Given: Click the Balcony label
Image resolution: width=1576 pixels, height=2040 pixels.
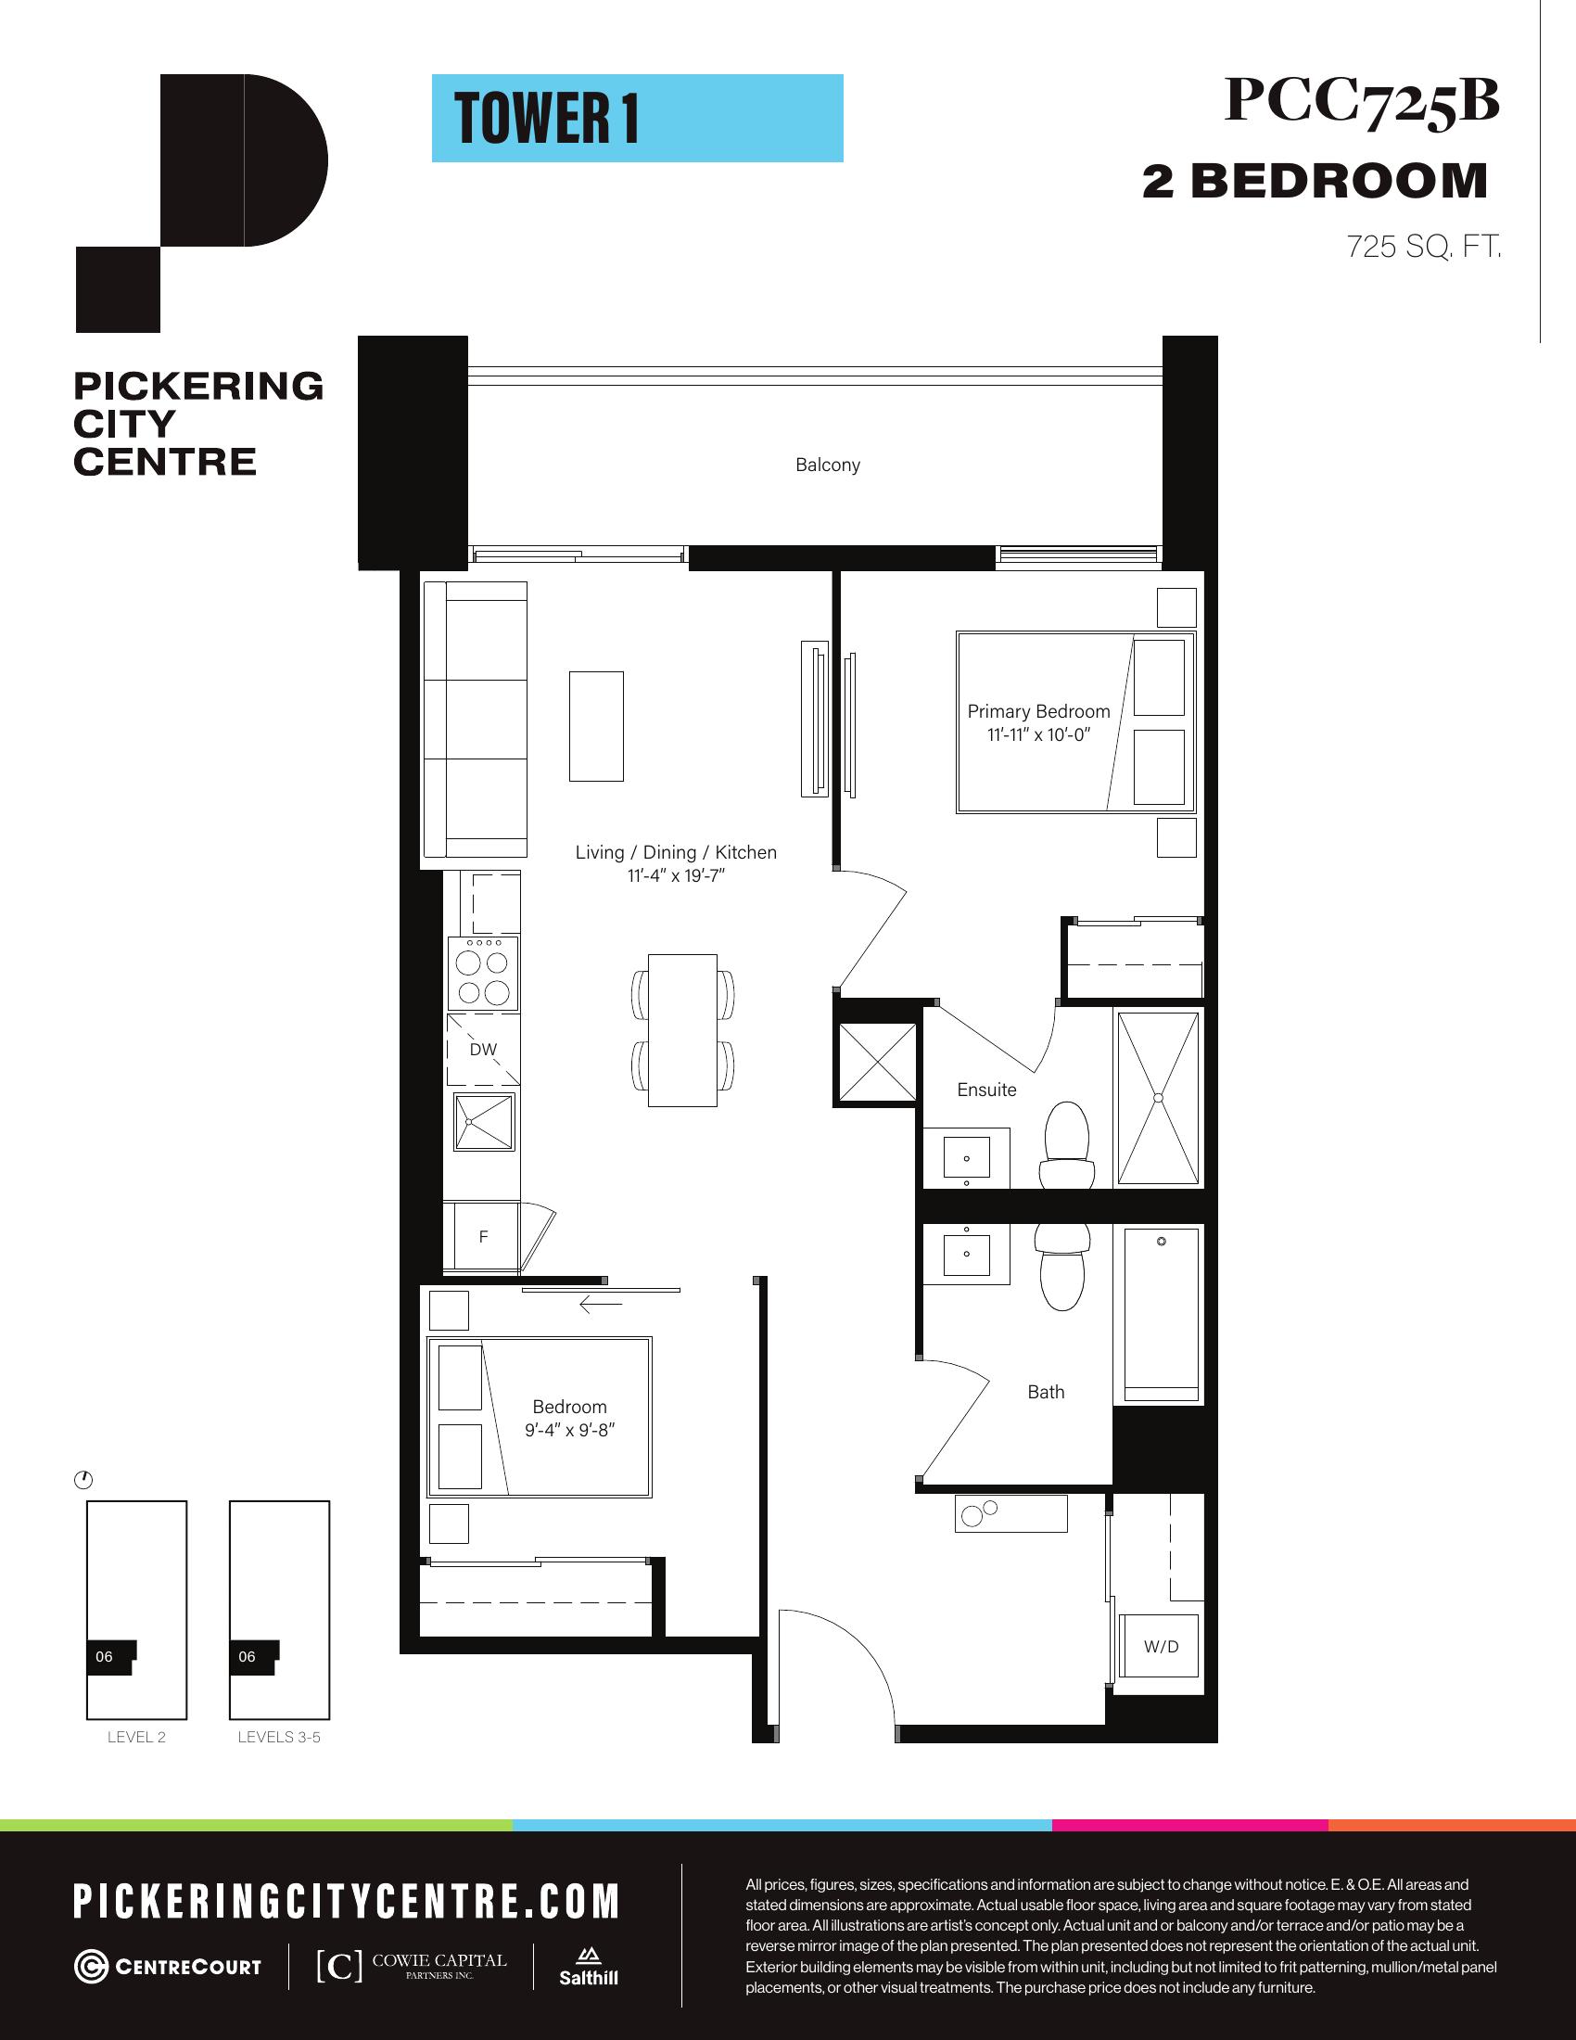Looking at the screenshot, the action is (827, 465).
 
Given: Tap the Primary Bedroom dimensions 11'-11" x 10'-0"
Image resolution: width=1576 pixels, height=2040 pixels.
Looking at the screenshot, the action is (1038, 735).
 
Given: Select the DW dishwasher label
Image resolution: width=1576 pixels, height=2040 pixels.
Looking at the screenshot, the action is (483, 1049).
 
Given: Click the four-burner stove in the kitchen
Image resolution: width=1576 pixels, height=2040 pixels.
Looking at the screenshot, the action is (484, 975).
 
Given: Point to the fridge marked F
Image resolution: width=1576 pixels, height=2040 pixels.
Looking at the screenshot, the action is (482, 1237).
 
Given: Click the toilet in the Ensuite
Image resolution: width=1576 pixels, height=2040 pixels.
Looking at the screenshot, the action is (1066, 1145).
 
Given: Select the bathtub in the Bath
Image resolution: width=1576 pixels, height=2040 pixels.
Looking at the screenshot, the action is (1162, 1313).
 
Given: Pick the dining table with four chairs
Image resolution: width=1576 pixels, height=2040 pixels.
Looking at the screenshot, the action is (682, 1030).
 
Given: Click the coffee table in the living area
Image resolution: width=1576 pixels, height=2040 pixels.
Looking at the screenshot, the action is (597, 726).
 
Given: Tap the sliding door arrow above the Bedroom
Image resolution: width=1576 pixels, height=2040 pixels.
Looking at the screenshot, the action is (601, 1304).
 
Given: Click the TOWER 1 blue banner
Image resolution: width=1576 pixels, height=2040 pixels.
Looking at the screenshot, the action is (638, 119).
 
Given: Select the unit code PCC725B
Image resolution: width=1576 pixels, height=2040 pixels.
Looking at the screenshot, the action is (1361, 102).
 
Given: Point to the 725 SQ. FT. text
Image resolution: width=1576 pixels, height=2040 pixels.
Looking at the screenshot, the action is (1423, 248).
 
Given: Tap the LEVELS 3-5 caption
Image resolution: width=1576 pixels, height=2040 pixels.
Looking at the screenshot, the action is (279, 1738).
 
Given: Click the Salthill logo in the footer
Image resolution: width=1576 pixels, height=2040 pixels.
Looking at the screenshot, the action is (588, 1965).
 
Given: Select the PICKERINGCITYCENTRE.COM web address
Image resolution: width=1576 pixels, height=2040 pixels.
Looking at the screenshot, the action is (347, 1903).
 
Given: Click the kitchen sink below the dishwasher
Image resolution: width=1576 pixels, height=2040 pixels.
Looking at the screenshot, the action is (484, 1121).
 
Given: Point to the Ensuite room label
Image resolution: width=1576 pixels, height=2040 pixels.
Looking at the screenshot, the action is (986, 1090).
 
